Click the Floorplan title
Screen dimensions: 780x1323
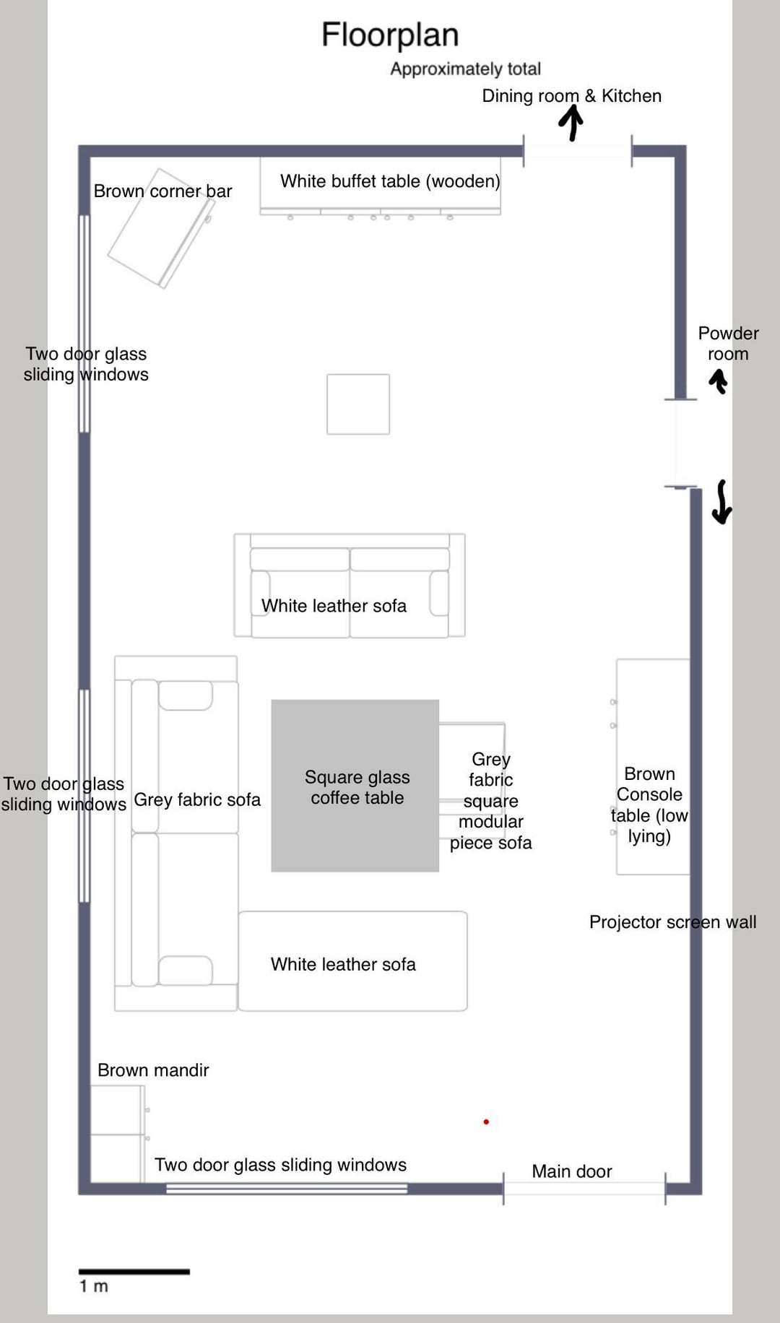(x=390, y=35)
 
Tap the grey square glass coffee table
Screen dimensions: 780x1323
(x=355, y=786)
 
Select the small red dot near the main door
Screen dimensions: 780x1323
(x=486, y=1122)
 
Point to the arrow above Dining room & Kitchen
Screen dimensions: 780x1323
(x=571, y=123)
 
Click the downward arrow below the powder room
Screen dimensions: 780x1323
(x=721, y=502)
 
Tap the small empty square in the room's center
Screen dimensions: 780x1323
(x=358, y=404)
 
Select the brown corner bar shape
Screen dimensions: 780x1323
(x=160, y=228)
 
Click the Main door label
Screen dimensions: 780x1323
(x=572, y=1171)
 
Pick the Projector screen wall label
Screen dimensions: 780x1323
(x=673, y=922)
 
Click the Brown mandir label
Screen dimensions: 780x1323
(x=153, y=1070)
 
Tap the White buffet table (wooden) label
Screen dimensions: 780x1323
(x=390, y=181)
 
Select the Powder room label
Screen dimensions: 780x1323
(x=728, y=344)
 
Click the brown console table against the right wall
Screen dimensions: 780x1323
(x=653, y=767)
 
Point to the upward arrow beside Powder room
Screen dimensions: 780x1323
(x=718, y=381)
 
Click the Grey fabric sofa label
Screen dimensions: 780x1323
(x=197, y=800)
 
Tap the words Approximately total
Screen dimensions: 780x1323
(x=466, y=69)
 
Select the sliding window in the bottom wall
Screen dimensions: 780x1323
(x=287, y=1188)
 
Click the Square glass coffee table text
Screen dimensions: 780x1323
(x=357, y=787)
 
